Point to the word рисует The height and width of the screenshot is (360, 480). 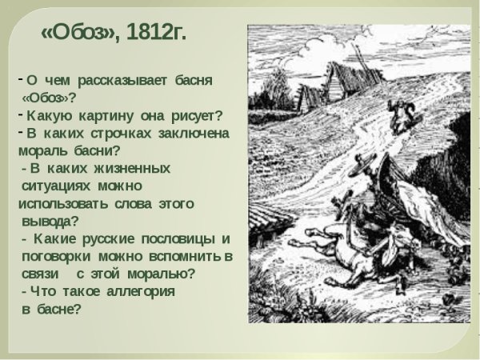click(199, 114)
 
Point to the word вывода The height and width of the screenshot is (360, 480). click(49, 221)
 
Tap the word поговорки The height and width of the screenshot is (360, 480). click(57, 257)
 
